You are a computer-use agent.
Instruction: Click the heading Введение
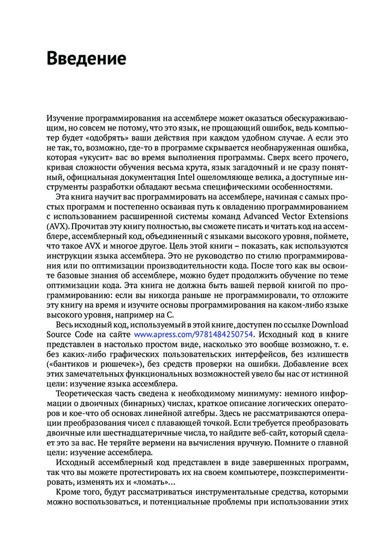pyautogui.click(x=86, y=57)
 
